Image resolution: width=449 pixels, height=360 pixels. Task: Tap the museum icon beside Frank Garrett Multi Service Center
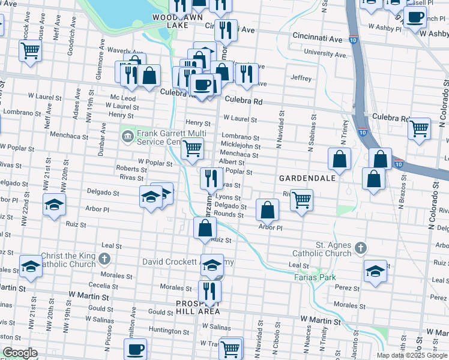(x=127, y=137)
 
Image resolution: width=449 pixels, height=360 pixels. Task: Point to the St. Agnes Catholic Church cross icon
(x=360, y=248)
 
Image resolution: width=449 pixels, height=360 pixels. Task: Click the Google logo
(x=20, y=352)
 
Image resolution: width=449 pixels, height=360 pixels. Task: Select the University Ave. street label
(x=325, y=54)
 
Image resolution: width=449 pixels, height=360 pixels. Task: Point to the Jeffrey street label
(x=301, y=78)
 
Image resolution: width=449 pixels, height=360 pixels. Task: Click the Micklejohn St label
(x=240, y=146)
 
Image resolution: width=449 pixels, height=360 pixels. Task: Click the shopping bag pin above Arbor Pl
(x=267, y=210)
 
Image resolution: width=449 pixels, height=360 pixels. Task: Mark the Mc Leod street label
(x=122, y=98)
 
